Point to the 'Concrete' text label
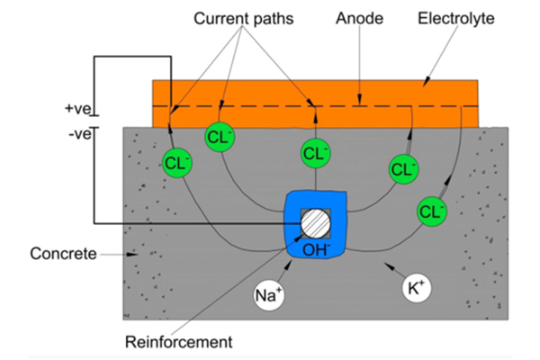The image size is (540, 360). pos(62,254)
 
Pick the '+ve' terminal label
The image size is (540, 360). pos(78,109)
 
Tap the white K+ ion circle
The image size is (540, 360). pos(416,289)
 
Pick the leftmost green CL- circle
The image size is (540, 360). pos(177,163)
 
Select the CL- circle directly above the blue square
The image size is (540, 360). pos(315,152)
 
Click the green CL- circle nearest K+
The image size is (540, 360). pos(433,211)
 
